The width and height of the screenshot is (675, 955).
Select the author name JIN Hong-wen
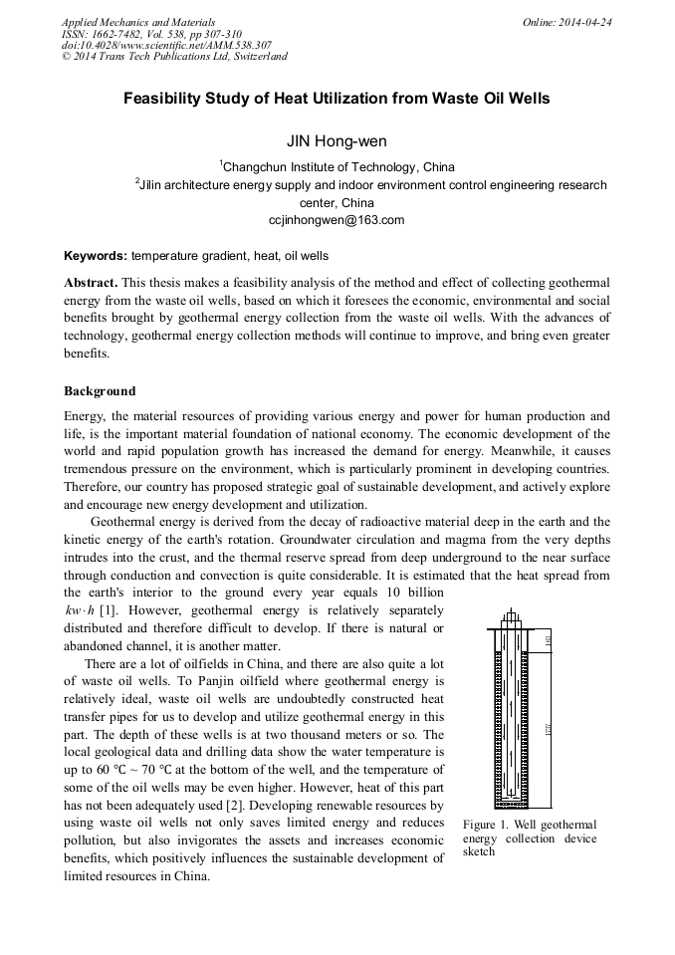[x=337, y=142]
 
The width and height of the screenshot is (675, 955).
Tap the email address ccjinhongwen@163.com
[x=337, y=220]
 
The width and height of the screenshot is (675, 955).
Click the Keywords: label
[x=95, y=256]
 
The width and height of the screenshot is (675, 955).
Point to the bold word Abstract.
[x=91, y=283]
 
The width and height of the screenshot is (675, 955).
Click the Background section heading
[x=100, y=390]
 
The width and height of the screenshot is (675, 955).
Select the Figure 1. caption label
[x=496, y=825]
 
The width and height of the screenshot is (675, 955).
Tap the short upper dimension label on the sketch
[x=551, y=642]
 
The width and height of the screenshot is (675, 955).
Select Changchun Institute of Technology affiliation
[x=337, y=167]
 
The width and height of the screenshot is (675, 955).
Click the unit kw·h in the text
[x=78, y=609]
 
